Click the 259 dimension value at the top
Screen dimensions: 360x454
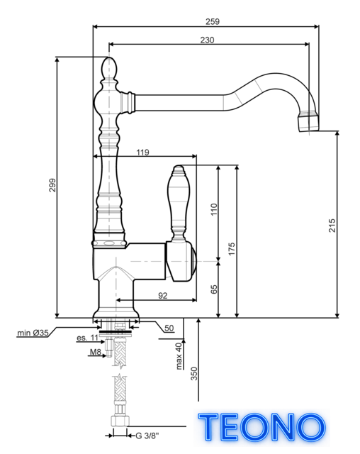click(213, 21)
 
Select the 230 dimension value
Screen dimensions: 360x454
click(208, 40)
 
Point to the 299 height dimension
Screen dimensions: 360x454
click(52, 185)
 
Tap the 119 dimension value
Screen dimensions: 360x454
click(143, 152)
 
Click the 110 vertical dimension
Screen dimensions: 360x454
click(214, 209)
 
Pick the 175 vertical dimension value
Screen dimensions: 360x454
click(232, 249)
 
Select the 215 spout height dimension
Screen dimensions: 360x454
click(332, 226)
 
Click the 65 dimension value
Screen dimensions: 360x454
click(214, 289)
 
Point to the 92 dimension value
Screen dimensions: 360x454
click(163, 295)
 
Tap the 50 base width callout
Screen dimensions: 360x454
click(169, 328)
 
